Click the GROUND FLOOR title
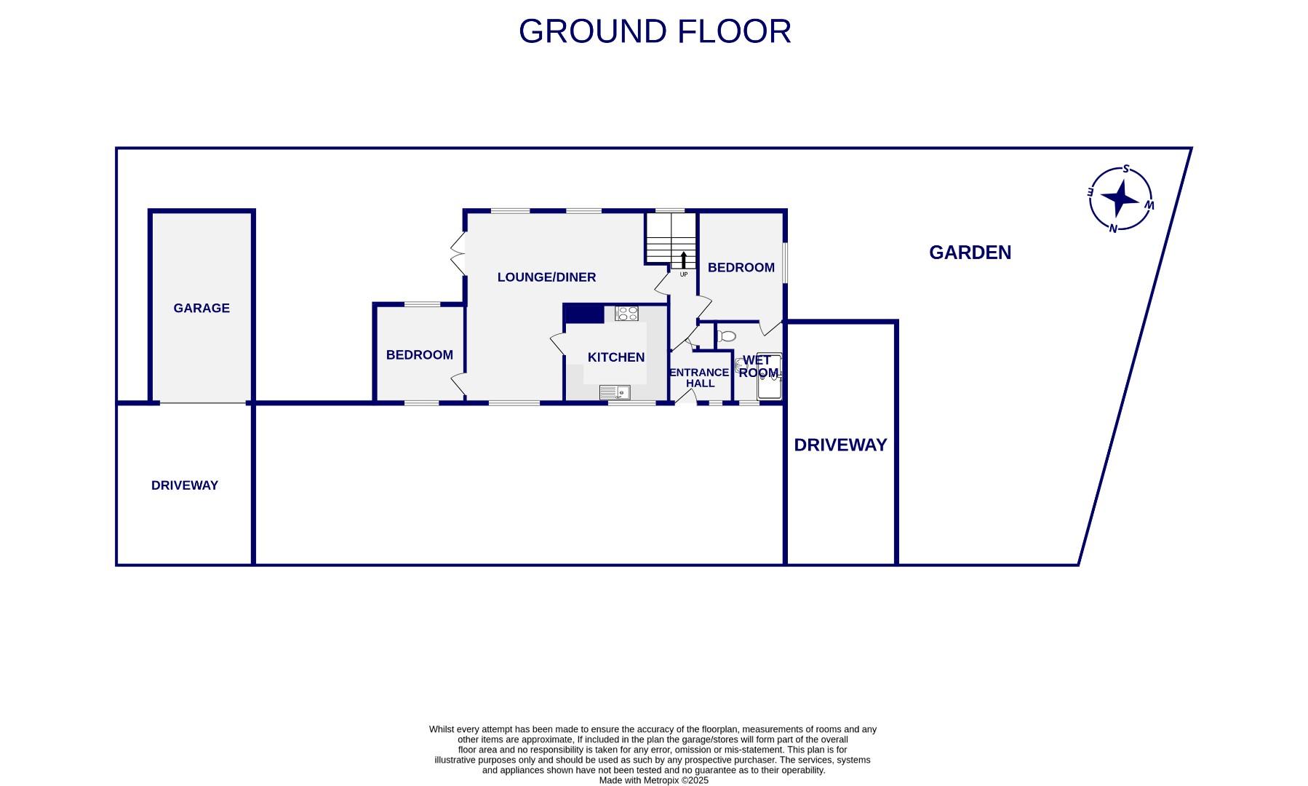[x=654, y=31]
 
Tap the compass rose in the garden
[x=1120, y=198]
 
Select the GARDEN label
[x=970, y=253]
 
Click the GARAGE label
[x=202, y=309]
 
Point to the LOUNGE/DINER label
[x=546, y=277]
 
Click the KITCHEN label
[x=615, y=357]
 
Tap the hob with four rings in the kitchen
[x=626, y=314]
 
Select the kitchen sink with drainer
[x=615, y=393]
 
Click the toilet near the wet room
[x=727, y=336]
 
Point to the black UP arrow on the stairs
[x=683, y=260]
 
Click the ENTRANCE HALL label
[x=699, y=378]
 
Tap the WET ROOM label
[x=758, y=367]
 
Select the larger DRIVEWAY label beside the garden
[x=840, y=445]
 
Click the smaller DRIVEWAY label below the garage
[x=185, y=485]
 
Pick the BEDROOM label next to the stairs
[x=741, y=268]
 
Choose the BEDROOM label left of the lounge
[x=419, y=355]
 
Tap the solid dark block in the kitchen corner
[x=584, y=314]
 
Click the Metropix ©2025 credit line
[x=653, y=780]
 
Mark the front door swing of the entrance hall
[x=685, y=397]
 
